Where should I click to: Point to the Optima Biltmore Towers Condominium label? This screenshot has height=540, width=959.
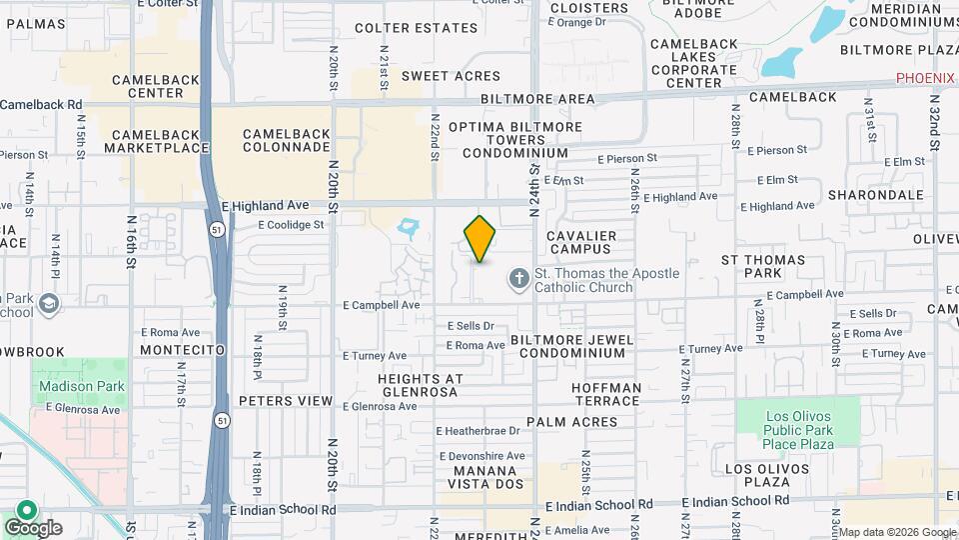(514, 140)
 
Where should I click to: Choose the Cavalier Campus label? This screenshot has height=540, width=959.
(581, 242)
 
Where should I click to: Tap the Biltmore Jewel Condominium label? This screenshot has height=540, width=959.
(572, 346)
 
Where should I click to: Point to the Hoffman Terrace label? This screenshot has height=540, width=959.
(606, 394)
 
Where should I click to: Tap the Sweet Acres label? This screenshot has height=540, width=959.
(451, 76)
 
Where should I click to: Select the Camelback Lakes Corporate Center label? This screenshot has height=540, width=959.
(694, 64)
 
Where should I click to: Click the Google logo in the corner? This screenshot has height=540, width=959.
(33, 527)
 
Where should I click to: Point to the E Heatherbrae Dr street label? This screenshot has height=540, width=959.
(478, 431)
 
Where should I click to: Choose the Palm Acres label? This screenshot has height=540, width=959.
(572, 422)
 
